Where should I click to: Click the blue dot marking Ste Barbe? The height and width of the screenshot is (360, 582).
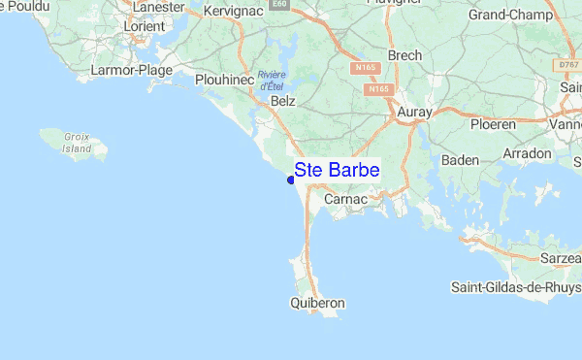click(291, 180)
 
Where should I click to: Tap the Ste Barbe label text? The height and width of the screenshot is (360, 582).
click(338, 170)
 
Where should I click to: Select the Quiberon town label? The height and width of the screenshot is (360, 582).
click(317, 304)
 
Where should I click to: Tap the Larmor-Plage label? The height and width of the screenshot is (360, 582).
click(130, 70)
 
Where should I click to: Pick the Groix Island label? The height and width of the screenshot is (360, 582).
click(77, 144)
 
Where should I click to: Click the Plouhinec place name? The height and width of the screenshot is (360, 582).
click(224, 79)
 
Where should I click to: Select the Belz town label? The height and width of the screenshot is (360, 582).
click(283, 101)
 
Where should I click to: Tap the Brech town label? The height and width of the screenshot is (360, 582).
click(404, 55)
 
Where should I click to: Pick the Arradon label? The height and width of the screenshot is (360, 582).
click(528, 154)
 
